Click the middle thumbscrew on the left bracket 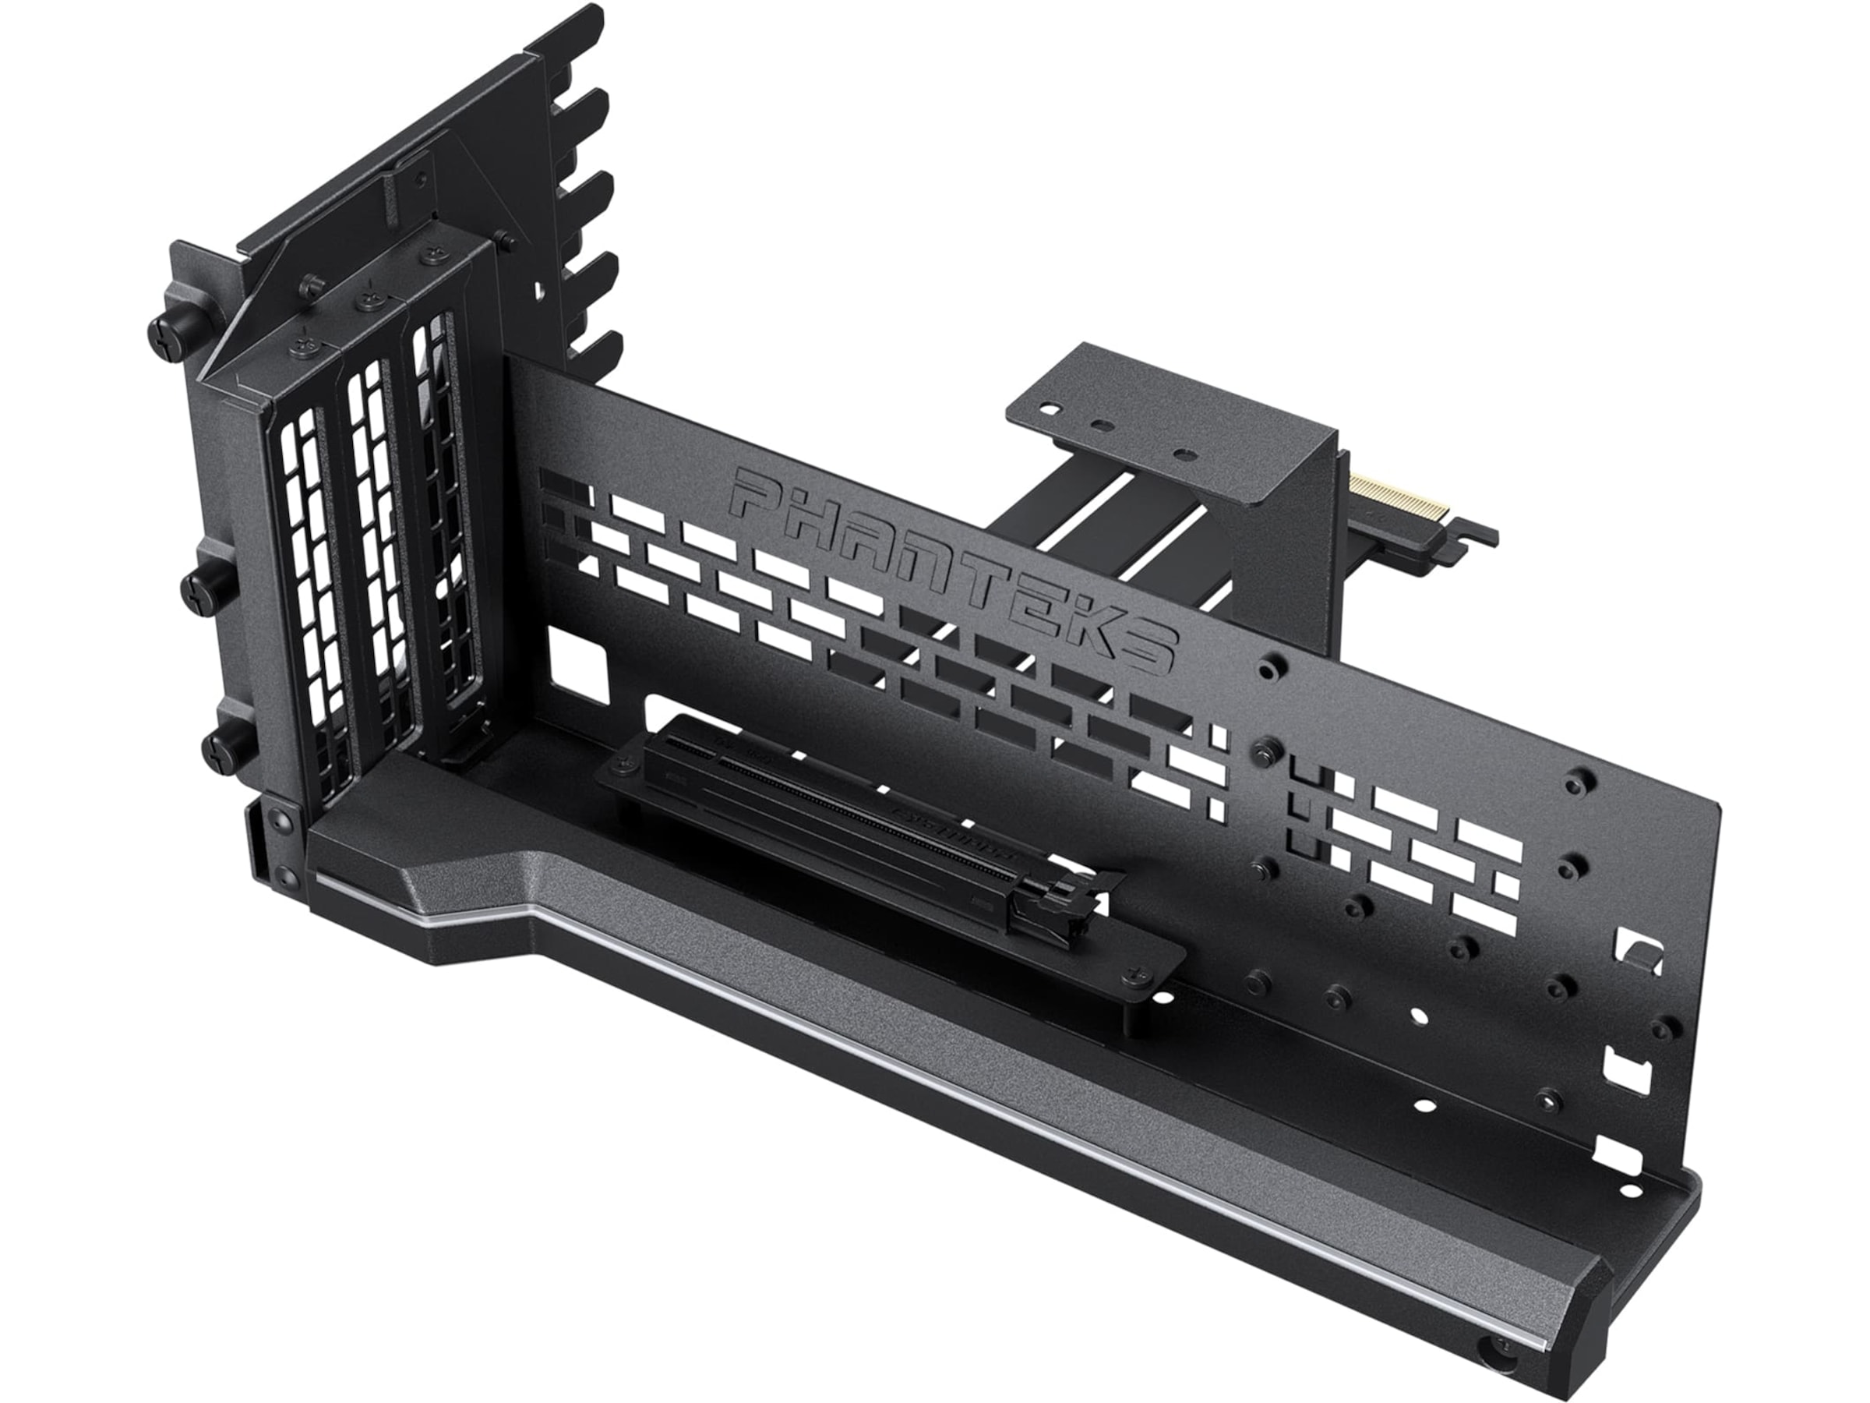[196, 584]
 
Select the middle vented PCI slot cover [376, 541]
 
